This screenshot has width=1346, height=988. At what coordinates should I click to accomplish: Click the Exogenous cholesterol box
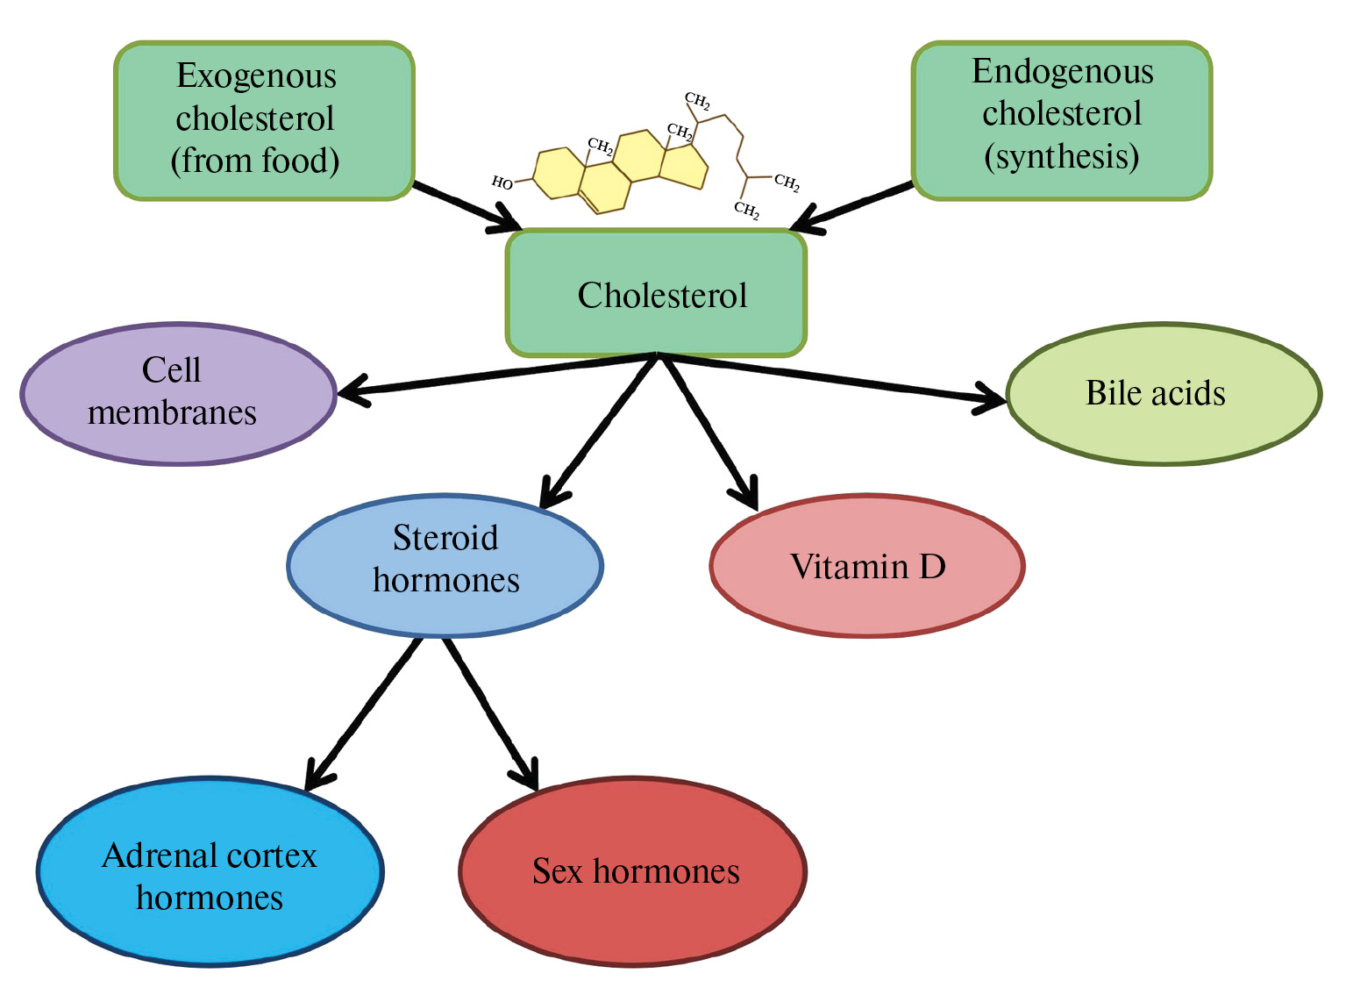tap(263, 120)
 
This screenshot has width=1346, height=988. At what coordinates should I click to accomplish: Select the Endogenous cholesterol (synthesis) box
tap(1061, 120)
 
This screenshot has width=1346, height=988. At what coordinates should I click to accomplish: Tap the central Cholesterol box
tap(656, 294)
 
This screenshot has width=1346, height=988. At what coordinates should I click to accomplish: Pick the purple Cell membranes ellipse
tap(178, 393)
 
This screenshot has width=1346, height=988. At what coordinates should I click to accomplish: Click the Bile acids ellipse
tap(1164, 393)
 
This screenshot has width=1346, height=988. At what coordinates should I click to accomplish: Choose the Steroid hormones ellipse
tap(445, 564)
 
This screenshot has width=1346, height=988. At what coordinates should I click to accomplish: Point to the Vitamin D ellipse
tap(866, 566)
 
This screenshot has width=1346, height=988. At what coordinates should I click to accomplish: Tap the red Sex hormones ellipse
tap(632, 871)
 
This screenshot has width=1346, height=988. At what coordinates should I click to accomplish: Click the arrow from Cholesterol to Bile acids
tap(833, 378)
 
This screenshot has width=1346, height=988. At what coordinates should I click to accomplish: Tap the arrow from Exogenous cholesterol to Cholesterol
tap(465, 207)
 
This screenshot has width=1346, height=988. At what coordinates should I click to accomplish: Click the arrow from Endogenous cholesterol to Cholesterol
tap(855, 207)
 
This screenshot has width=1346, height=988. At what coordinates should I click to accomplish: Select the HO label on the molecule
tap(502, 183)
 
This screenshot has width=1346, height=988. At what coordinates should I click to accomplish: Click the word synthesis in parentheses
tap(1061, 157)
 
